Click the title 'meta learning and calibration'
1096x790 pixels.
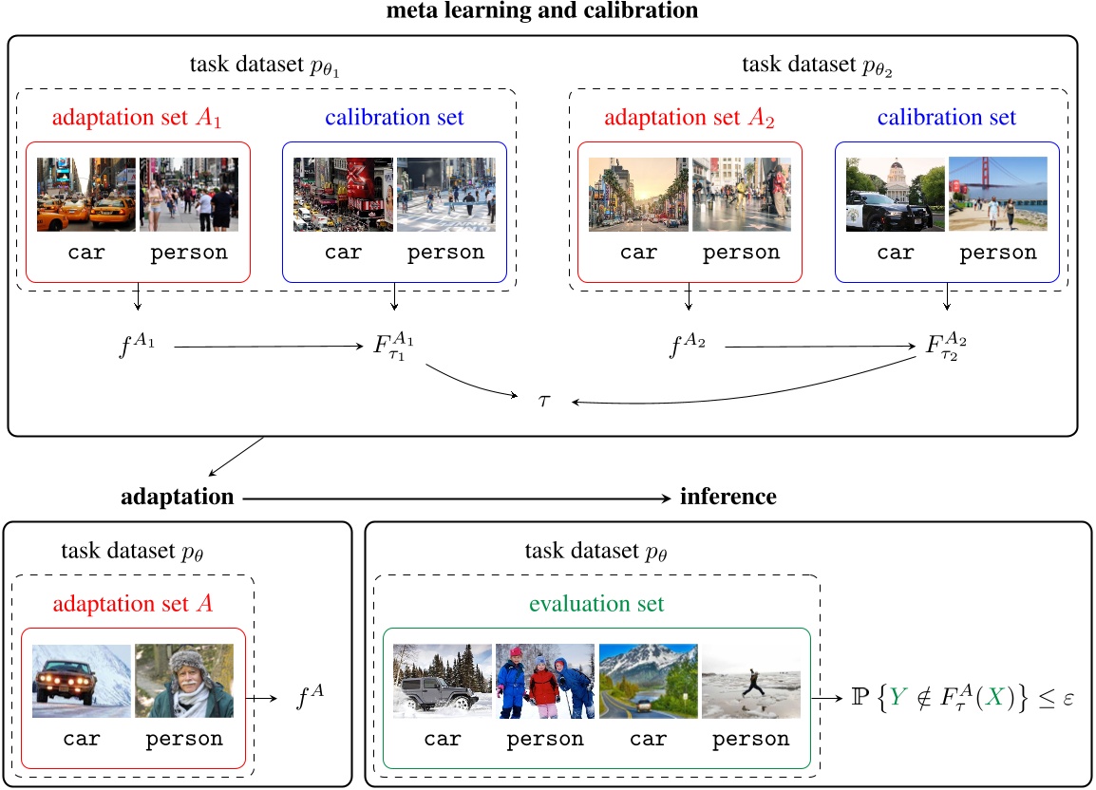tap(541, 11)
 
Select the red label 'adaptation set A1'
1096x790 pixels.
tap(139, 119)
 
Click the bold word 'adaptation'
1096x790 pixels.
tap(178, 497)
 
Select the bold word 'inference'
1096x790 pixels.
tap(728, 497)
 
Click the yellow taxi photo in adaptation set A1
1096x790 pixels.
tap(86, 195)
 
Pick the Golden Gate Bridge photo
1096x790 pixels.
tap(997, 195)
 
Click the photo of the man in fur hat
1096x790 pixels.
tap(184, 681)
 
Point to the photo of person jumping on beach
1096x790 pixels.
tap(750, 681)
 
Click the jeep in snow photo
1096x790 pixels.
tap(444, 681)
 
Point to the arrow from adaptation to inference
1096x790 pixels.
tap(455, 497)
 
